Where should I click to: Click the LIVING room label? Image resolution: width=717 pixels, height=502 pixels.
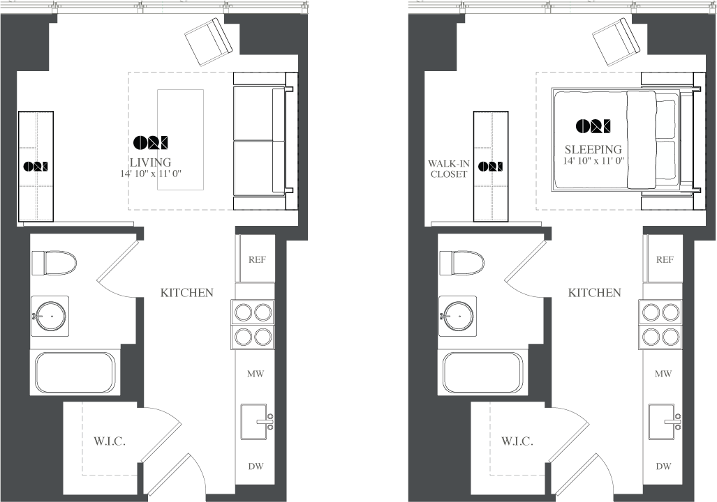(x=150, y=162)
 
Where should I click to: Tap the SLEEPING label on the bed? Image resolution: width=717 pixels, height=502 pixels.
(x=593, y=149)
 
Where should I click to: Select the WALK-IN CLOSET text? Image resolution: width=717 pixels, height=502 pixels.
(x=449, y=169)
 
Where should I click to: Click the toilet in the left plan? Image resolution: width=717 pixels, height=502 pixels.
(x=54, y=263)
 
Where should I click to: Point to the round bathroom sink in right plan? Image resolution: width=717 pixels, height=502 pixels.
(x=458, y=316)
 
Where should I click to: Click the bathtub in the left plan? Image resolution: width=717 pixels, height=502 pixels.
(x=75, y=372)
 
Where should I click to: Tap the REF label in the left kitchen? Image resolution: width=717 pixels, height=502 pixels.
(x=257, y=259)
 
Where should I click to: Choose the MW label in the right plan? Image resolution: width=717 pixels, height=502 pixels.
(x=663, y=374)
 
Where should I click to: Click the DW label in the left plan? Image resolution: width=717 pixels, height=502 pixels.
(x=256, y=466)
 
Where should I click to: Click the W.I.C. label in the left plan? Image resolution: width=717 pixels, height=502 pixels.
(x=110, y=441)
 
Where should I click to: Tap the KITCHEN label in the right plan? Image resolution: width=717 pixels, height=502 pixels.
(x=594, y=292)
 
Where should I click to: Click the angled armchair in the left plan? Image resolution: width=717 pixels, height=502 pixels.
(x=209, y=42)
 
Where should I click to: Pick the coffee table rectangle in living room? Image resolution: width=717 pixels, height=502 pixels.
(x=181, y=139)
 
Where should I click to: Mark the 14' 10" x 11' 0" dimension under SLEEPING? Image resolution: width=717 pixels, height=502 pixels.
(x=593, y=161)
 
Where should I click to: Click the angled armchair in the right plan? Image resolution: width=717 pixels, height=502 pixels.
(x=616, y=42)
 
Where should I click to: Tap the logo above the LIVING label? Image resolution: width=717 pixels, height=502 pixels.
(x=150, y=142)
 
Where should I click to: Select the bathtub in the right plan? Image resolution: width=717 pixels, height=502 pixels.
(x=482, y=372)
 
